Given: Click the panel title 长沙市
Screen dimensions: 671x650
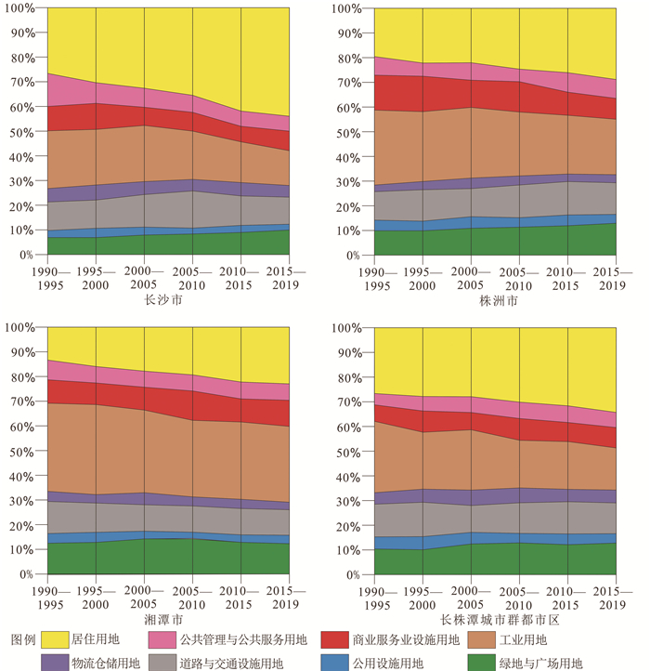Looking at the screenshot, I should pos(168,300).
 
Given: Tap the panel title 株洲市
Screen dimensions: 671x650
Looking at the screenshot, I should pos(497,300).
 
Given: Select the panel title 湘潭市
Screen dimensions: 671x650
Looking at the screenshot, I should pos(168,619).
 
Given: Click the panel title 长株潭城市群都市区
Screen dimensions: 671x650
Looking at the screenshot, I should pos(497,619).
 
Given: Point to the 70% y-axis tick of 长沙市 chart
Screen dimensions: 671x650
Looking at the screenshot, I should pos(25,82).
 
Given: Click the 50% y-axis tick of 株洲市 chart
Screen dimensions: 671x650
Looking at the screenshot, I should pos(350,131).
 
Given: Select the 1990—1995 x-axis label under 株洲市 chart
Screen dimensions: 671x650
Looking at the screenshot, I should pos(376,277).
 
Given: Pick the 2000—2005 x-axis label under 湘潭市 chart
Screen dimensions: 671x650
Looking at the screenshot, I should pos(143,597).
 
